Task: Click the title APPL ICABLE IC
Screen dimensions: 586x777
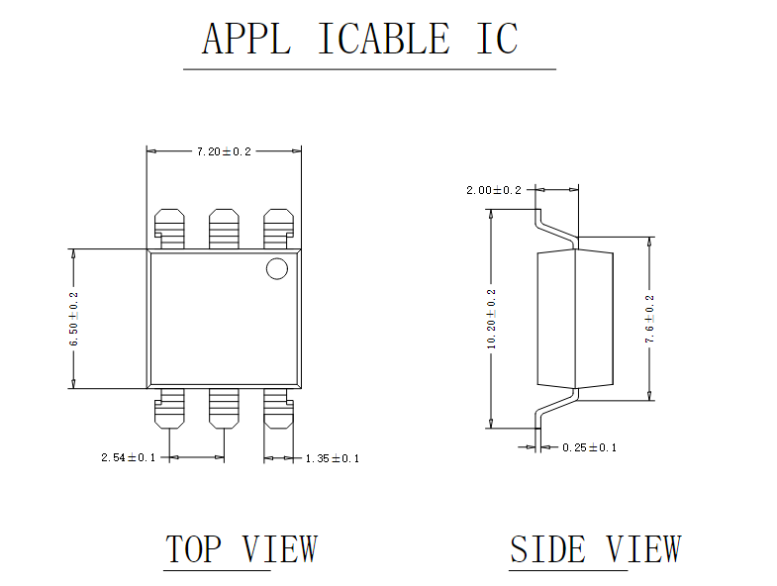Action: tap(360, 40)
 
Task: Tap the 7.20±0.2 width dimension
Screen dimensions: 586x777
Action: tap(224, 151)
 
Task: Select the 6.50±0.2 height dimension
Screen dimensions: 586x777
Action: tap(73, 319)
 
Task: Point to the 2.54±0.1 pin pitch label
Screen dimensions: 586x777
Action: tap(129, 457)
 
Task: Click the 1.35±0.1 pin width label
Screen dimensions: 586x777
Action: tap(332, 458)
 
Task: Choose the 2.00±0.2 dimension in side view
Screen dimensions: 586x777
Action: tap(494, 190)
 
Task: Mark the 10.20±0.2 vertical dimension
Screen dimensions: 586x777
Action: tap(492, 319)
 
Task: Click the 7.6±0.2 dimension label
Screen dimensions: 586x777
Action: tap(649, 319)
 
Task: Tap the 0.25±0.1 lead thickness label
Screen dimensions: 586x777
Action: tap(589, 447)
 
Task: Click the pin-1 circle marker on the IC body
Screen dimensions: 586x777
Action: tap(275, 268)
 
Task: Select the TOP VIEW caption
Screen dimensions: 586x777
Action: tap(242, 549)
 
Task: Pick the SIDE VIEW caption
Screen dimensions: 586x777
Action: tap(595, 549)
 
